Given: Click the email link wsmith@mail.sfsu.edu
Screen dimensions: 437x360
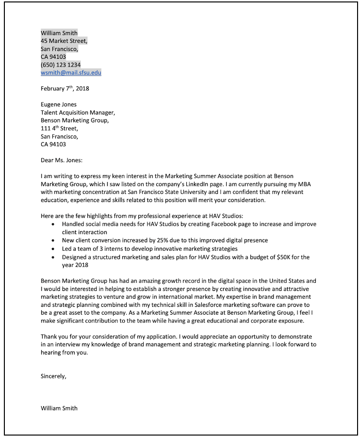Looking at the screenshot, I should coord(71,72).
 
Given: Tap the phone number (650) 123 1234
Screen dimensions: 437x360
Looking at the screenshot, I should coord(61,65).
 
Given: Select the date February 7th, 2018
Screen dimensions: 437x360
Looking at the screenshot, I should coord(65,88).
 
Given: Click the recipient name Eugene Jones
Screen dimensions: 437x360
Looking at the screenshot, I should coord(59,104).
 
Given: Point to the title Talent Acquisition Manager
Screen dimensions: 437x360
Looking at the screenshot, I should coord(78,113).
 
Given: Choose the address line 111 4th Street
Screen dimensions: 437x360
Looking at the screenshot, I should coord(59,129).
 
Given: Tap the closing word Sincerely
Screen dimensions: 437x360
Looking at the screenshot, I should coord(53,376).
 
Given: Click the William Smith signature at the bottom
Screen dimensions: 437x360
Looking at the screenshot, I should coord(59,408).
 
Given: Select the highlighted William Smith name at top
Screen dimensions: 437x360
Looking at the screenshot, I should coord(59,33).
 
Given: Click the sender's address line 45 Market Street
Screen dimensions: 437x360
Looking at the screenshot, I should coord(64,41).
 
